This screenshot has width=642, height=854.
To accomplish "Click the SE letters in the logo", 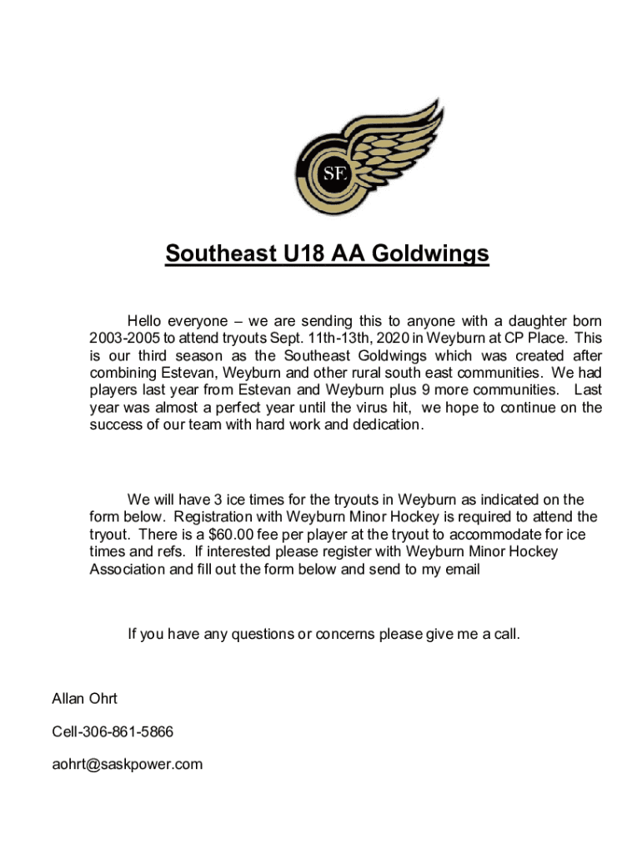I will [334, 173].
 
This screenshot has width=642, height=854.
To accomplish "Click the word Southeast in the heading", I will [217, 253].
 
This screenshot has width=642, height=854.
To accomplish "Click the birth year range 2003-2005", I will [124, 339].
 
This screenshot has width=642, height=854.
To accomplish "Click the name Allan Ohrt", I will [85, 699].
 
